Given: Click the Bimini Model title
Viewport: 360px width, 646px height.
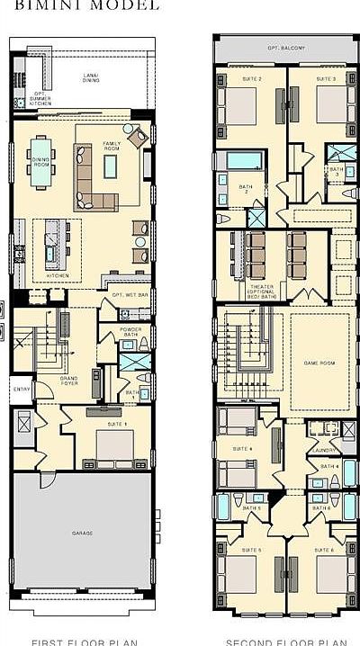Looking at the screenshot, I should point(55,4).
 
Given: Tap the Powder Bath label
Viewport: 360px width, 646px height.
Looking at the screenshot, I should point(130,331).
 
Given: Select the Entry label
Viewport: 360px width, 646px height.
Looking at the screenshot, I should point(21,389).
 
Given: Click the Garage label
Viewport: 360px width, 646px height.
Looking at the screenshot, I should point(83,534).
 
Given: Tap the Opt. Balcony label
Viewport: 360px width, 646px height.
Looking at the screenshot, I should point(285,48).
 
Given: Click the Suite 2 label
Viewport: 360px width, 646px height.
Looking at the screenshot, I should point(253,79).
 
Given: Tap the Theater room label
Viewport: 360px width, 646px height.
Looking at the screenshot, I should point(262,290).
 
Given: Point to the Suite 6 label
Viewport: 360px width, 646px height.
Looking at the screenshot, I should point(324,549).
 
